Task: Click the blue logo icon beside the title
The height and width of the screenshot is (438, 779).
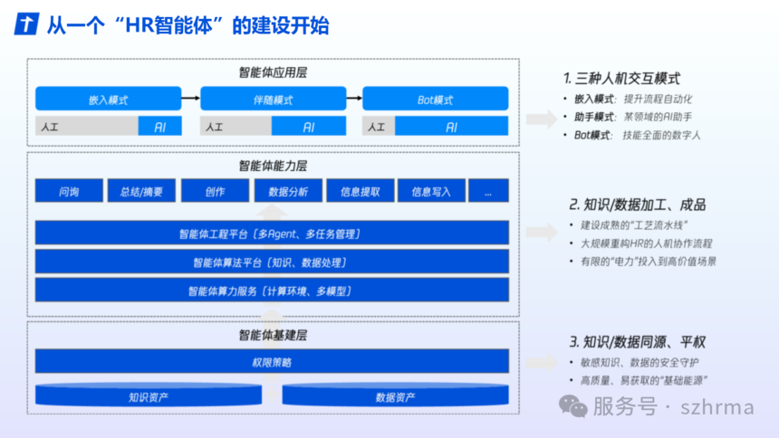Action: click(x=26, y=24)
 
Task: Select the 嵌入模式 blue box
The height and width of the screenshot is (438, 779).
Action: click(x=109, y=99)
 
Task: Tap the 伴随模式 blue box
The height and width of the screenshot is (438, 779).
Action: click(x=274, y=99)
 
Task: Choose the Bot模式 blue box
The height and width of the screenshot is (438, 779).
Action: click(x=435, y=99)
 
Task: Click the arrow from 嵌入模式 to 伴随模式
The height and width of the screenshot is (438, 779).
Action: click(x=191, y=99)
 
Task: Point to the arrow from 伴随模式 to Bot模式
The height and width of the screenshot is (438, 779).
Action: click(x=354, y=99)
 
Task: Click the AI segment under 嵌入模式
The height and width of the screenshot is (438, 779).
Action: click(x=160, y=126)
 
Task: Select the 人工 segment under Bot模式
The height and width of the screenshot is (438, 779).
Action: click(x=379, y=126)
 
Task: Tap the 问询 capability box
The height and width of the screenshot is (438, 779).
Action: click(x=69, y=191)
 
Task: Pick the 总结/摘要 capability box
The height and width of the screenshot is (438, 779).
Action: click(x=141, y=191)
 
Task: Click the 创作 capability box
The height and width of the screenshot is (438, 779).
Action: click(x=215, y=191)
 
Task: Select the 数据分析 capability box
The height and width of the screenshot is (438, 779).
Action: click(x=288, y=191)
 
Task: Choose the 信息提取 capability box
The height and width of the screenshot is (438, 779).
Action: click(x=361, y=191)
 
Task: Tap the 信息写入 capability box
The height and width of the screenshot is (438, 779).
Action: click(x=431, y=191)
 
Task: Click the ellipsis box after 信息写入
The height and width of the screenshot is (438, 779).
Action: click(x=489, y=191)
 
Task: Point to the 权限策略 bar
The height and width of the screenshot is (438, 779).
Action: click(x=272, y=361)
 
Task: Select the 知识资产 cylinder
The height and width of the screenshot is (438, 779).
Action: click(x=149, y=395)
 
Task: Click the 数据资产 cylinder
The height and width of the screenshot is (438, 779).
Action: click(x=396, y=395)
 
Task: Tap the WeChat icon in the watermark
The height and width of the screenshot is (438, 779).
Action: click(x=572, y=406)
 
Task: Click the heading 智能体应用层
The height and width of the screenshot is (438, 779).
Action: click(x=273, y=72)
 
